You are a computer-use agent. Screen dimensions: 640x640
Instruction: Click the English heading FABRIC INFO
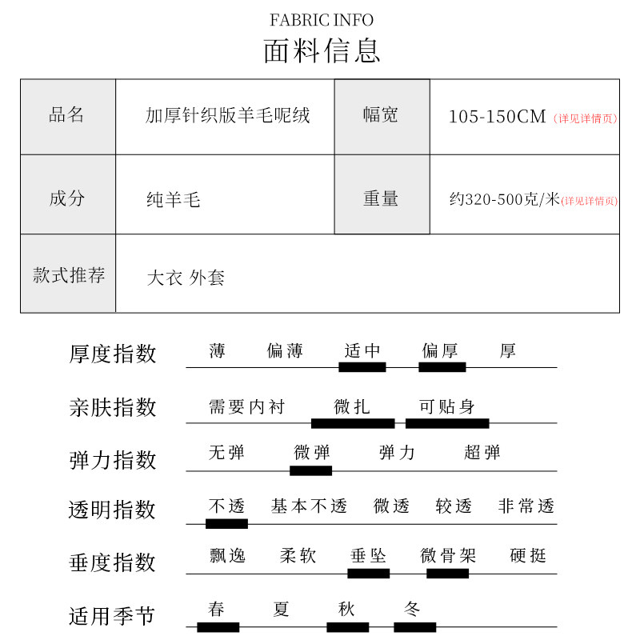[x=322, y=20]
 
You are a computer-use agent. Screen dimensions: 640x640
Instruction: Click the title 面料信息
[x=322, y=50]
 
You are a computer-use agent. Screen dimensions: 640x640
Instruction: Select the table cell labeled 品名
[x=67, y=115]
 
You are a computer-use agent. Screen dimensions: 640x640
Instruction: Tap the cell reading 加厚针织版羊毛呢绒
[x=227, y=116]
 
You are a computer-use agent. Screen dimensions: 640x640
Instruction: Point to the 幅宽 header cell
[x=381, y=115]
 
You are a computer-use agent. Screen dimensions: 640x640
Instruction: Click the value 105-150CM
[x=496, y=117]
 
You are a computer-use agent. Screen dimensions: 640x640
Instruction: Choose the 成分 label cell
[x=67, y=198]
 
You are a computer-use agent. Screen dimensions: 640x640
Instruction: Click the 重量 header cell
[x=381, y=198]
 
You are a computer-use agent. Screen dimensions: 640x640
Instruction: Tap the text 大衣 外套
[x=186, y=278]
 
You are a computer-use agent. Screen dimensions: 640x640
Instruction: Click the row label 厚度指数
[x=113, y=354]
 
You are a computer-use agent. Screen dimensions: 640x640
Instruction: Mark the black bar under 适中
[x=362, y=367]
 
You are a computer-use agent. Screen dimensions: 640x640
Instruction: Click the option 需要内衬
[x=246, y=407]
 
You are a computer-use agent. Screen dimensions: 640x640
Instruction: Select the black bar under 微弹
[x=310, y=470]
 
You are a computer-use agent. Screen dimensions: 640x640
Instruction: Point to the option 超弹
[x=482, y=453]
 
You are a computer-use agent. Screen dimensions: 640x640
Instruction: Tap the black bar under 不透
[x=226, y=524]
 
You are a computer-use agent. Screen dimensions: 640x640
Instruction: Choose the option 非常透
[x=526, y=506]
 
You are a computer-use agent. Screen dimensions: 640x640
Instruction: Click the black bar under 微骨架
[x=447, y=573]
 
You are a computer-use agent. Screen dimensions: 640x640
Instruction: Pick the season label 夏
[x=281, y=610]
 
